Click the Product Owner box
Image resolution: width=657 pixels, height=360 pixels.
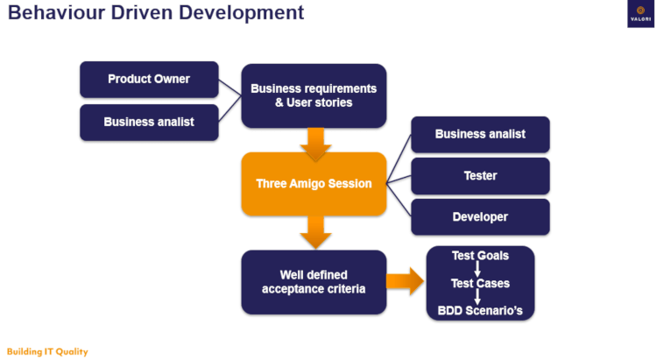click(x=149, y=80)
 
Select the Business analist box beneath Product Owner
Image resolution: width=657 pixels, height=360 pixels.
click(x=149, y=123)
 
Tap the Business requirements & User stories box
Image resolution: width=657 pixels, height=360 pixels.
click(x=314, y=95)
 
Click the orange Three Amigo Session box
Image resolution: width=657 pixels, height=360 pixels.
click(x=314, y=184)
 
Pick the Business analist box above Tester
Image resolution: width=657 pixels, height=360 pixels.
click(x=480, y=134)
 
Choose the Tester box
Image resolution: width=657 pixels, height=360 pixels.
click(x=480, y=176)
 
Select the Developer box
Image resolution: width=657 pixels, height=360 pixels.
click(x=480, y=217)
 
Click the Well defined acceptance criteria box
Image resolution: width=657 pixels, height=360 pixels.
click(x=314, y=282)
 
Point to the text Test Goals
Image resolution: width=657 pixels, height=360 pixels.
click(x=479, y=256)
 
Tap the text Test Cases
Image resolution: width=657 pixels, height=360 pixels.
click(x=479, y=284)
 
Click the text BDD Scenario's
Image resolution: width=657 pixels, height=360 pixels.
click(x=479, y=310)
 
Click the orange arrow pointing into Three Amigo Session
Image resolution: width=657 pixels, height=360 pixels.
click(x=314, y=142)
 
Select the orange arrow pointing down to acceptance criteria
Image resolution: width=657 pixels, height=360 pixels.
click(x=314, y=231)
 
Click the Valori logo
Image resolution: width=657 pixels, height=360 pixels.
click(x=639, y=14)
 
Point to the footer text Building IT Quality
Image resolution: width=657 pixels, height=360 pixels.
click(x=47, y=351)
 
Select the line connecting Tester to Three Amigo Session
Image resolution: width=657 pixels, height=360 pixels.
click(x=399, y=180)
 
